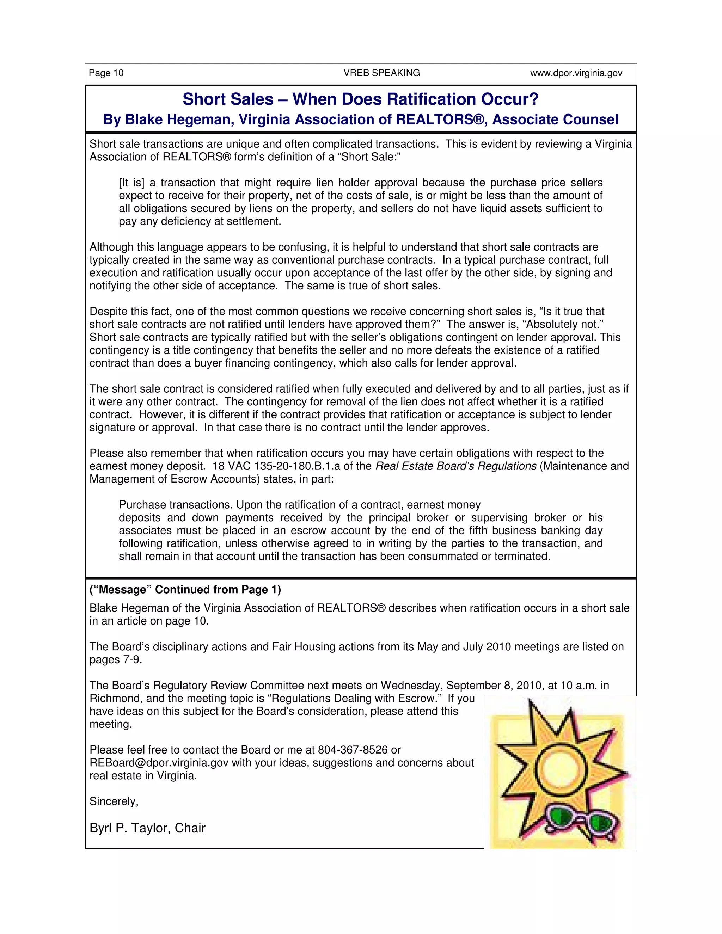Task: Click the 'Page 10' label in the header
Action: click(106, 73)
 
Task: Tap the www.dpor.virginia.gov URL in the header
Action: click(576, 73)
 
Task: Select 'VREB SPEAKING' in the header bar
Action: click(381, 73)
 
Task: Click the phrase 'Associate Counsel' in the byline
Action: click(555, 119)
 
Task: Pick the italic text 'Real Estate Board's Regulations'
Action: click(455, 466)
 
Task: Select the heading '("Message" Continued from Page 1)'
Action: click(185, 590)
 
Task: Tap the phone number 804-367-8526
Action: click(353, 750)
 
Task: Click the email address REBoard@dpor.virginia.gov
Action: click(159, 762)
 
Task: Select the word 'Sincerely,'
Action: click(114, 801)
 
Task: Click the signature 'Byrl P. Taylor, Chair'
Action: click(147, 828)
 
